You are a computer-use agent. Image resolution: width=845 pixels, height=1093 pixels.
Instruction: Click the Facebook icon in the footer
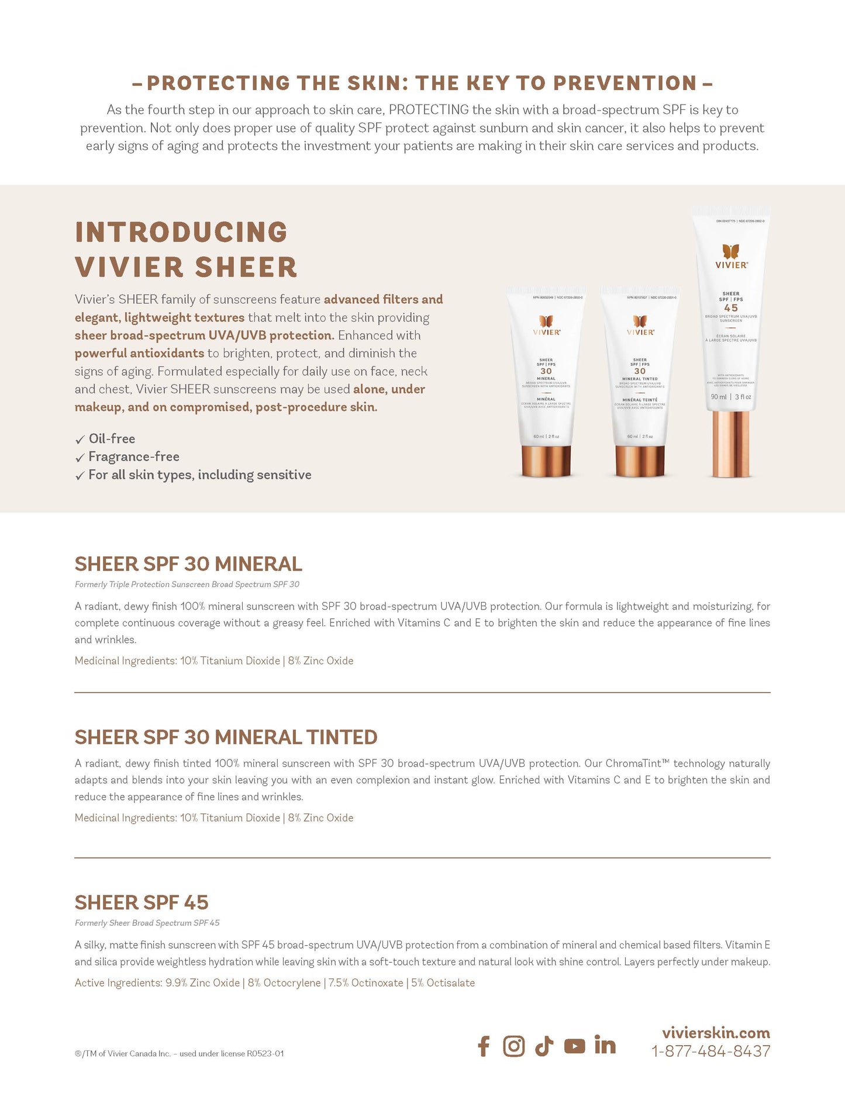pos(484,1046)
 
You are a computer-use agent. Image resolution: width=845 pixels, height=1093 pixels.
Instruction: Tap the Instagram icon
pos(514,1046)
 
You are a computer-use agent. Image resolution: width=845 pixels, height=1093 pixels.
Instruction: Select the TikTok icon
pos(544,1046)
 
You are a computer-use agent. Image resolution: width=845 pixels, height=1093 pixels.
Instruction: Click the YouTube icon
pos(574,1046)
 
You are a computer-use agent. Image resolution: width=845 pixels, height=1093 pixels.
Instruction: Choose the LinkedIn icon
pos(605,1045)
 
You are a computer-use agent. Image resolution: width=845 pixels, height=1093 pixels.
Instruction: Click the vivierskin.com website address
pos(716,1032)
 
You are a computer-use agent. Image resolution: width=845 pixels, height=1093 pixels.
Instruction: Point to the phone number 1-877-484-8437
pos(711,1052)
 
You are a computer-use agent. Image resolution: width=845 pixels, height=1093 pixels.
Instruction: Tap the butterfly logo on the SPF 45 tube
pos(731,251)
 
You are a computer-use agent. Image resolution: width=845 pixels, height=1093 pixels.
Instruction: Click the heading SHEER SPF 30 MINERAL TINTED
pos(226,737)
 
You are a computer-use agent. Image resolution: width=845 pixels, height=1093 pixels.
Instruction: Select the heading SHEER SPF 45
pos(142,902)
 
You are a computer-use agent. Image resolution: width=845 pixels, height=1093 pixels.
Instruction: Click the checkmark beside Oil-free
pos(80,440)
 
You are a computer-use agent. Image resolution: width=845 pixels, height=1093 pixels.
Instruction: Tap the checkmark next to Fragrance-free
pos(80,458)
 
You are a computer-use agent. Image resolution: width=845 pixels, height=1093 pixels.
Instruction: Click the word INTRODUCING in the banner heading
pos(181,232)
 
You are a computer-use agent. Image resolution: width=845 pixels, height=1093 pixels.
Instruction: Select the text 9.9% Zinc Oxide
pos(202,983)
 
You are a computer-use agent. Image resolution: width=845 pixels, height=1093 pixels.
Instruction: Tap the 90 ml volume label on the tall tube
pos(719,397)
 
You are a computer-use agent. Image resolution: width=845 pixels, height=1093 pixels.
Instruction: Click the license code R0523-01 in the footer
pos(265,1054)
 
